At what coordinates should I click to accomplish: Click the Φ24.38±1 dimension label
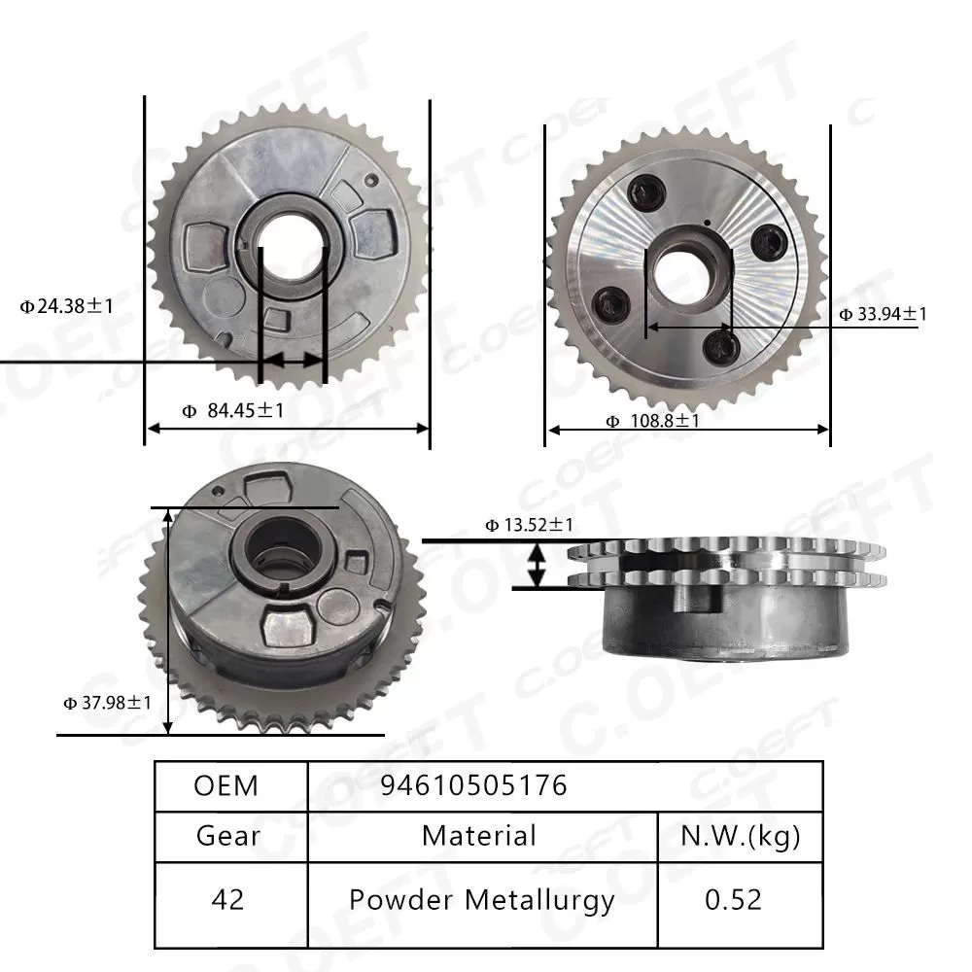67,306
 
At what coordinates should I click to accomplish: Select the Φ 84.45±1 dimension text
233,411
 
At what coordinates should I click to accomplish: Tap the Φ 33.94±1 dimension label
884,314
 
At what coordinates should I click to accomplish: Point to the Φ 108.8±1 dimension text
652,421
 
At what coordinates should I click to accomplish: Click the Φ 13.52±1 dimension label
530,526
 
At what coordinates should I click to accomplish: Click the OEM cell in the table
226,785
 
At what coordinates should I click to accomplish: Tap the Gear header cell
227,836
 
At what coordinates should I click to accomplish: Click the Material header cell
479,835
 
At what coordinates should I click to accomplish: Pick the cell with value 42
227,899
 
